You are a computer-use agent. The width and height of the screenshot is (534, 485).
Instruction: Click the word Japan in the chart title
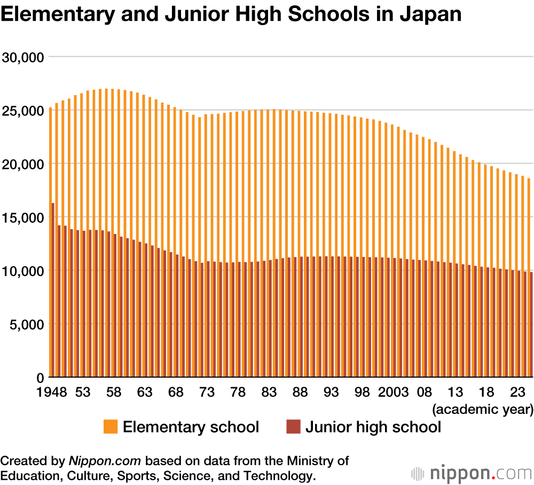point(431,14)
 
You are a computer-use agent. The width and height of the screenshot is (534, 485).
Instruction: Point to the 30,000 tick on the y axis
point(23,57)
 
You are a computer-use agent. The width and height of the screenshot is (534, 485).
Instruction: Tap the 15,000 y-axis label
point(23,217)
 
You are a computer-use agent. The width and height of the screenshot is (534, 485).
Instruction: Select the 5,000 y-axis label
point(26,324)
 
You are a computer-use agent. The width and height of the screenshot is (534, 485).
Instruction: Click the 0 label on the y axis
point(40,378)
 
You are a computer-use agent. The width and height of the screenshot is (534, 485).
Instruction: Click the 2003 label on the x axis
point(393,393)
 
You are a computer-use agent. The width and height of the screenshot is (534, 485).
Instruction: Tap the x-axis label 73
point(207,393)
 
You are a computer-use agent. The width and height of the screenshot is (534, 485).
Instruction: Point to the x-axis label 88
point(300,393)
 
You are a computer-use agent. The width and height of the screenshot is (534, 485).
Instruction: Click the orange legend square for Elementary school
point(111,427)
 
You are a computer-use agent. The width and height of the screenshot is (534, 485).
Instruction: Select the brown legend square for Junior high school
point(293,427)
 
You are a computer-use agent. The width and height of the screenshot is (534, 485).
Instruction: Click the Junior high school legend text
point(373,427)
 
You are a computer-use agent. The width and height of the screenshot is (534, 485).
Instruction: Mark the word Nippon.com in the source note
point(105,461)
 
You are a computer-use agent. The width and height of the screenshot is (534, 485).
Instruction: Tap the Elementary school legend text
point(191,427)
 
